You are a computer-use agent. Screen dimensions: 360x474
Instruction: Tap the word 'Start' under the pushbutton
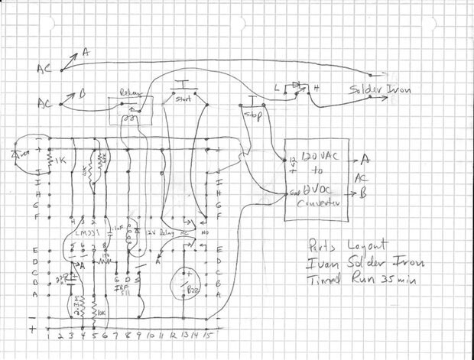pos(183,99)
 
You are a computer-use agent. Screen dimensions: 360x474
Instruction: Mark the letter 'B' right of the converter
pos(365,193)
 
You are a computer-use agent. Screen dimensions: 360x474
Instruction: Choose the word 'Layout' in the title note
pos(352,248)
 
